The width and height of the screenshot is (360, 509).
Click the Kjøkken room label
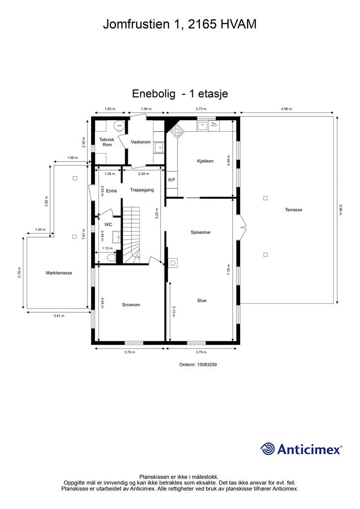click(x=205, y=161)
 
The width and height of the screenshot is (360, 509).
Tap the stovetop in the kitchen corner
click(x=177, y=131)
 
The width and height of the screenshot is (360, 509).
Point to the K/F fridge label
click(x=172, y=179)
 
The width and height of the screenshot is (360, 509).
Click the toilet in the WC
click(x=111, y=258)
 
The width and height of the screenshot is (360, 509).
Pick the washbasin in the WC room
click(x=116, y=237)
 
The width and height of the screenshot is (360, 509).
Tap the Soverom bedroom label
click(x=131, y=305)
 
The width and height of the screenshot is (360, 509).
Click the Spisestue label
click(x=200, y=232)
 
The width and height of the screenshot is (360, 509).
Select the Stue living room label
click(x=202, y=301)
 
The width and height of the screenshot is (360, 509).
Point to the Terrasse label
click(x=293, y=210)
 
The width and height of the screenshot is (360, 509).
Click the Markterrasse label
click(x=59, y=273)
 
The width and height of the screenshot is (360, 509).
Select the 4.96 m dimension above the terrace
click(x=286, y=109)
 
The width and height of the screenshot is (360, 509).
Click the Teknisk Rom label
click(x=107, y=142)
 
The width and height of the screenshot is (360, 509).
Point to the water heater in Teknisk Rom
click(x=119, y=125)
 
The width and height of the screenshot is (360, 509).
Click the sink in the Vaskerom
click(x=159, y=148)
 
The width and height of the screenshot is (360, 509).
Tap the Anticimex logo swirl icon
click(x=268, y=449)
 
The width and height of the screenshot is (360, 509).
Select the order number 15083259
click(x=207, y=364)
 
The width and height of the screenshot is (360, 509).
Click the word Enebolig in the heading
click(x=154, y=94)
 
